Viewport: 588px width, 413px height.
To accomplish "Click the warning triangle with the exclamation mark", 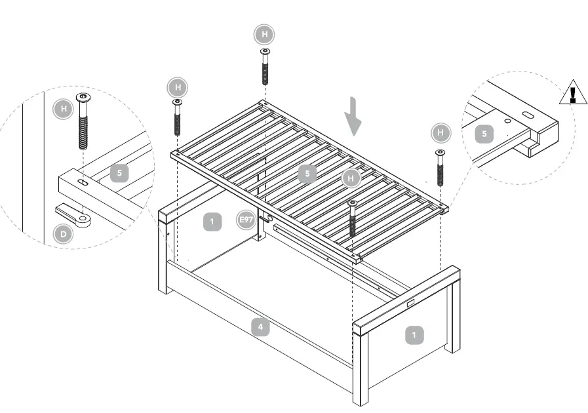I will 573,93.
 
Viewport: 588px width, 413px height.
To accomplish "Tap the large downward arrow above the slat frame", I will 354,116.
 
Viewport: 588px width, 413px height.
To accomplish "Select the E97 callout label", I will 246,220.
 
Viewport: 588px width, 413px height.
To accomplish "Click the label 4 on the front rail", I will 260,327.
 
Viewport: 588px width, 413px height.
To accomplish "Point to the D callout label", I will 63,234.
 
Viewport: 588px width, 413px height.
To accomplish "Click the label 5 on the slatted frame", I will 307,174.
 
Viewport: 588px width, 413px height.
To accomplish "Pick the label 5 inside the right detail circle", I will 484,134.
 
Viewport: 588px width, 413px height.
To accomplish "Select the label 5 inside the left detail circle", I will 120,173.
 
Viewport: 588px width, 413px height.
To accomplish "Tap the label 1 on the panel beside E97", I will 212,222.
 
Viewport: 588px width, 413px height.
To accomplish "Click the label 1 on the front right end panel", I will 414,335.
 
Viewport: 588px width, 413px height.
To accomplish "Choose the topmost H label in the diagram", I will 264,33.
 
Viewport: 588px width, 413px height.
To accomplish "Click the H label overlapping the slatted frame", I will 352,178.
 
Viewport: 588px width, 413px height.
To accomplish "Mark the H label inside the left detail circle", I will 63,109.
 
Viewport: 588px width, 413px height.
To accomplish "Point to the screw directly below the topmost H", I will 265,66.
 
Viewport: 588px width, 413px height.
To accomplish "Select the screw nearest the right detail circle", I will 440,168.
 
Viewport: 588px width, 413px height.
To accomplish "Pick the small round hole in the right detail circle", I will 507,121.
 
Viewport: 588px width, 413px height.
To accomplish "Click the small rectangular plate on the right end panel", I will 411,304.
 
